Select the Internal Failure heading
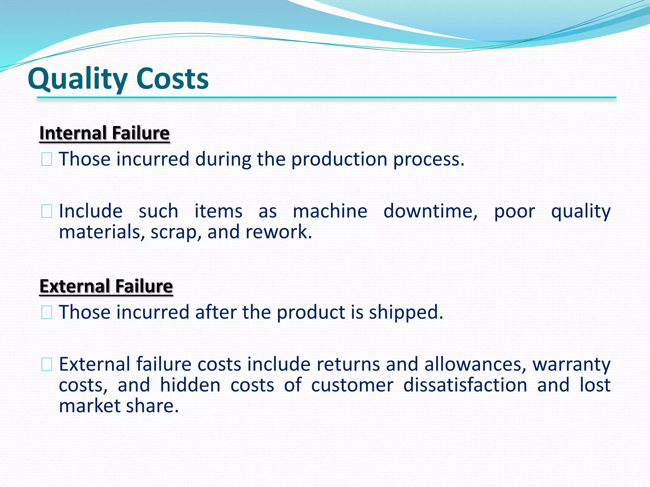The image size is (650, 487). tap(104, 133)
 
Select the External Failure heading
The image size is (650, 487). tap(106, 286)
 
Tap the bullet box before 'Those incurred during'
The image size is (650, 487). tap(47, 159)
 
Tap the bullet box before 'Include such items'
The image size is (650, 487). tap(47, 211)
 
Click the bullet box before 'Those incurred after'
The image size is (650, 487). tap(47, 312)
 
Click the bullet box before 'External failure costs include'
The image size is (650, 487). tap(47, 364)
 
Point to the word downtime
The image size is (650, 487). tap(430, 211)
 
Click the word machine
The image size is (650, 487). tap(330, 211)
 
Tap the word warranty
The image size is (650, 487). tap(571, 365)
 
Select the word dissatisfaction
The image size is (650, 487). tap(465, 385)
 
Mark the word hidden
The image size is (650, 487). tap(190, 385)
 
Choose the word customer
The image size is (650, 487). tap(352, 386)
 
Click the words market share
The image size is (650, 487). tap(119, 406)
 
